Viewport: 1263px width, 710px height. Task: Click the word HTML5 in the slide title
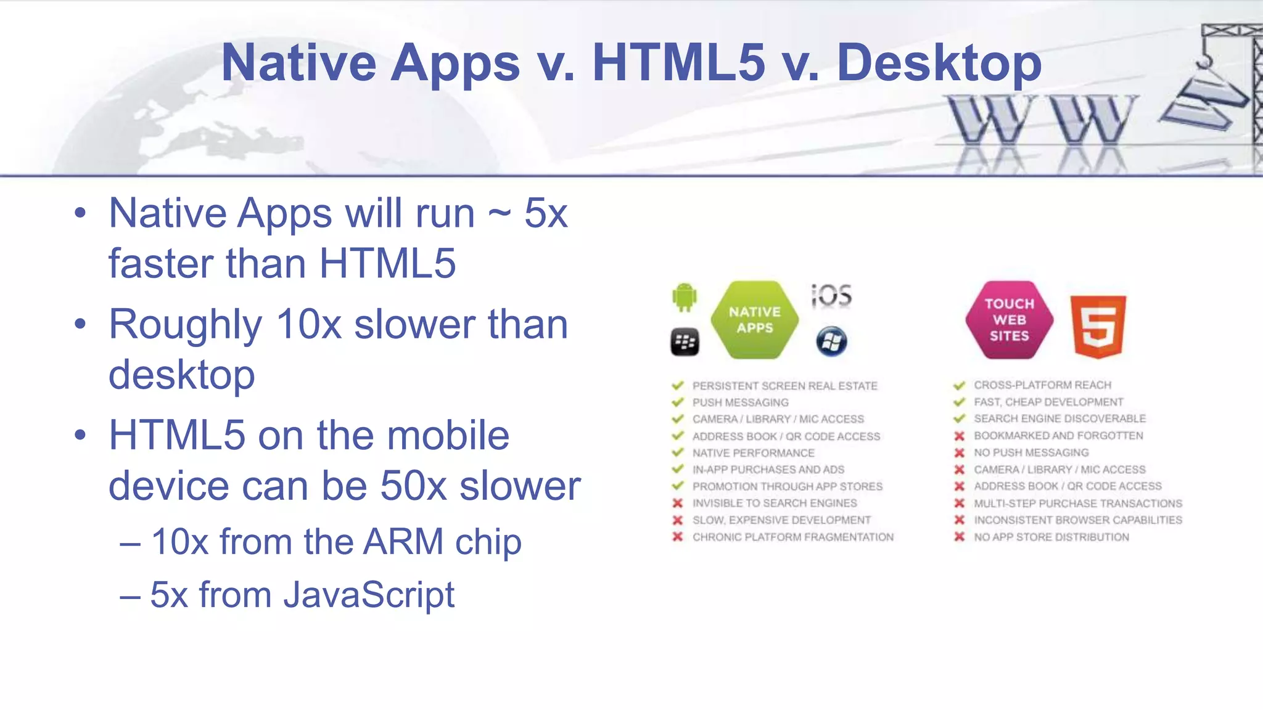[x=678, y=63]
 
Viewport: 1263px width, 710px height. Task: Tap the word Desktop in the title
[x=939, y=63]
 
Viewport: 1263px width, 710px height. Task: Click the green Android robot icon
[x=685, y=297]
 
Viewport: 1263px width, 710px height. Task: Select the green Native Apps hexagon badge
[x=754, y=320]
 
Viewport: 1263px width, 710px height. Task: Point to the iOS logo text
[x=831, y=296]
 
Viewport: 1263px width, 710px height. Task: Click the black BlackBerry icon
[x=685, y=342]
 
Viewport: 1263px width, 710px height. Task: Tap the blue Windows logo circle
[x=831, y=341]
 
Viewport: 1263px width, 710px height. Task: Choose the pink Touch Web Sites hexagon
[x=1009, y=320]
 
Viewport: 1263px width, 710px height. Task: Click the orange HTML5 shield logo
[x=1098, y=326]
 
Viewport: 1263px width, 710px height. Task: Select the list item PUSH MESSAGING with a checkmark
[x=740, y=402]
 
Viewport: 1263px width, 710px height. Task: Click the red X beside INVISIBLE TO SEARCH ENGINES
[x=678, y=503]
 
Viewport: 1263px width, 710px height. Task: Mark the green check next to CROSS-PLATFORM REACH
[x=959, y=385]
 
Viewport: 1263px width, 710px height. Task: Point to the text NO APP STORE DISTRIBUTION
[x=1051, y=537]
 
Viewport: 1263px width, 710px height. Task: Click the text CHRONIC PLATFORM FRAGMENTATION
[x=792, y=537]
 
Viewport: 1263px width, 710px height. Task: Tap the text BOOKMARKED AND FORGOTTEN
[x=1058, y=436]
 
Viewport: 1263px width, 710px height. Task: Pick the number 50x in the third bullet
[x=413, y=486]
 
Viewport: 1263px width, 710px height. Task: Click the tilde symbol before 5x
[x=500, y=213]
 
